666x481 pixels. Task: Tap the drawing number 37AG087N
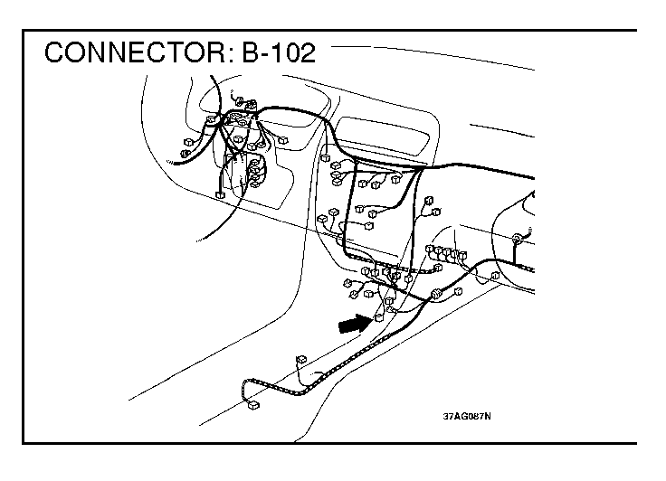pyautogui.click(x=466, y=417)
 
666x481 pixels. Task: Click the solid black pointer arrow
pyautogui.click(x=355, y=323)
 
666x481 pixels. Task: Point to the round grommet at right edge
pyautogui.click(x=519, y=239)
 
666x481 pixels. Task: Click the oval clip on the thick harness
pyautogui.click(x=438, y=293)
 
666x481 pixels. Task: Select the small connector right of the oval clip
pyautogui.click(x=459, y=290)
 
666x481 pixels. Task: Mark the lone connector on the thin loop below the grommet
pyautogui.click(x=495, y=275)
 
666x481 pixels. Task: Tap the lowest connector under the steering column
pyautogui.click(x=220, y=193)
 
